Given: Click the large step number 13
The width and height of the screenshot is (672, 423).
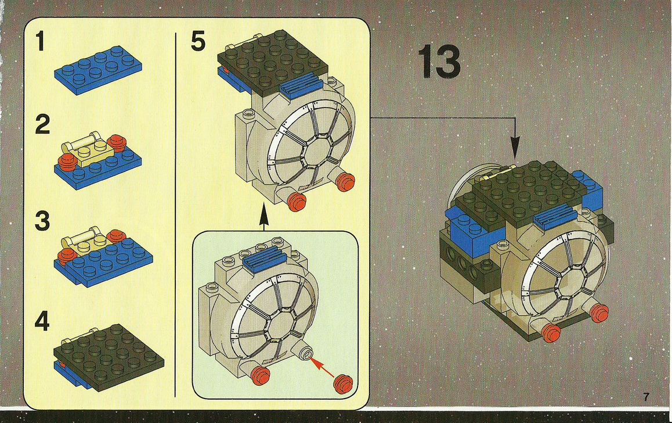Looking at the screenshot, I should pyautogui.click(x=439, y=62).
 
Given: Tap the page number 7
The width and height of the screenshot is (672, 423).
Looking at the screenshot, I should pyautogui.click(x=646, y=397).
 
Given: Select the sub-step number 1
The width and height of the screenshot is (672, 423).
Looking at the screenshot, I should pyautogui.click(x=39, y=42).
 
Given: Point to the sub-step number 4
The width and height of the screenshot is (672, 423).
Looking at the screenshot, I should pyautogui.click(x=41, y=321).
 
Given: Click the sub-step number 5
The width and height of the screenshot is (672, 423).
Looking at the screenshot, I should pyautogui.click(x=198, y=42).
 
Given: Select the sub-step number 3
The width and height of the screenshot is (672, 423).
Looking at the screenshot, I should pyautogui.click(x=41, y=221).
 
